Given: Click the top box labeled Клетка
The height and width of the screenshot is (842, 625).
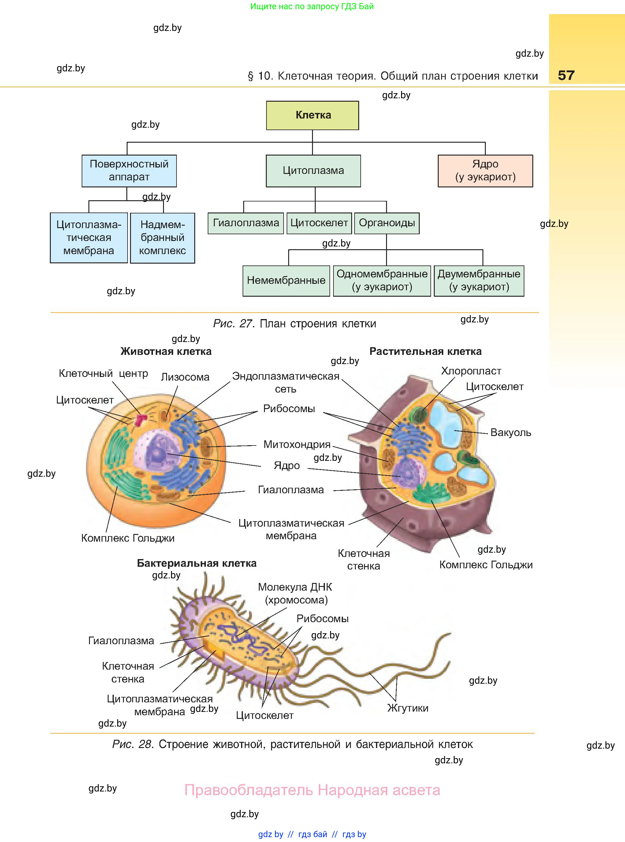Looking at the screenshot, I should (313, 115).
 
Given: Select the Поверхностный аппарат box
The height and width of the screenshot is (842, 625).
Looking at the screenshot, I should (129, 171).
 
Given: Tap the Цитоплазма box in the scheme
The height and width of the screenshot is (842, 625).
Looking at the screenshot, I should (313, 171).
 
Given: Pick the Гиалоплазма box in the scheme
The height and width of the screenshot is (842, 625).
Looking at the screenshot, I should (246, 223).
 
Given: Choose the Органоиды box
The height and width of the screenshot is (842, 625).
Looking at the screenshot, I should (387, 223).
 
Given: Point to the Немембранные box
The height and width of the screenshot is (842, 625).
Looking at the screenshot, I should (286, 280).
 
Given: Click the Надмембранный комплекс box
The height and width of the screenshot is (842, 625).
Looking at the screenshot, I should (162, 238).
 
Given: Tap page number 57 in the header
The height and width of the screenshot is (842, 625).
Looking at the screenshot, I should (566, 75).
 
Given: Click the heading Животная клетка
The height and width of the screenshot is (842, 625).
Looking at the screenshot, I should (166, 351).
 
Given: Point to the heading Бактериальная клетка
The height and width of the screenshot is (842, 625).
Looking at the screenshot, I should (196, 563).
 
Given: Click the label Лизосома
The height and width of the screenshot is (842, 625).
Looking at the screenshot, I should (185, 377).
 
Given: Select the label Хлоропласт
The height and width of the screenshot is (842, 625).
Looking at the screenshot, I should (471, 371).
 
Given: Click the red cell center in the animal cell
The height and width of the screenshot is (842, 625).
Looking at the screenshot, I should (141, 419).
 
